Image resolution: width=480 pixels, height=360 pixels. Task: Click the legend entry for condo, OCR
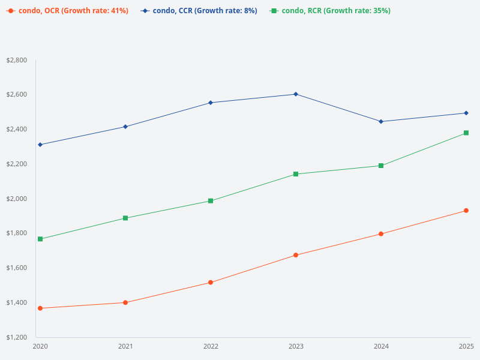(x=68, y=11)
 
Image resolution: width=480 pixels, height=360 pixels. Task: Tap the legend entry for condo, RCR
(x=330, y=11)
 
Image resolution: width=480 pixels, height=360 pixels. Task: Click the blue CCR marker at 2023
(x=296, y=94)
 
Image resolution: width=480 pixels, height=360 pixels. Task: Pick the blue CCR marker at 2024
(x=381, y=122)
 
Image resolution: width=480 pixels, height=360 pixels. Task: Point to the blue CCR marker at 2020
(x=40, y=145)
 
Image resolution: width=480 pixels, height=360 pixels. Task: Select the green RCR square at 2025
(x=466, y=133)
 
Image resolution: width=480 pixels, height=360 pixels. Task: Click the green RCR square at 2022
(x=211, y=201)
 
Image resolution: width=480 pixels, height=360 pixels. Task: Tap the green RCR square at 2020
(x=40, y=239)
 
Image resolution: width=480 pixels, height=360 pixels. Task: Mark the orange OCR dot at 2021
(x=125, y=302)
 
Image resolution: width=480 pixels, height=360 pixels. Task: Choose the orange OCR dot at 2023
(x=296, y=255)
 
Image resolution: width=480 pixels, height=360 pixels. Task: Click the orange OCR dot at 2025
(x=466, y=211)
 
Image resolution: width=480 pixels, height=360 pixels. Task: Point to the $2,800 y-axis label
(x=16, y=60)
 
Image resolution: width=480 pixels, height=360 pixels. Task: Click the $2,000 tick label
(x=16, y=199)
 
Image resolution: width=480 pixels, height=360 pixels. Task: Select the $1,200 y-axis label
(x=16, y=337)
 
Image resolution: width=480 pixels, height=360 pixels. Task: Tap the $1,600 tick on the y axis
(x=16, y=268)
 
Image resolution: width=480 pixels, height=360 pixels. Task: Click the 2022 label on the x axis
(x=211, y=346)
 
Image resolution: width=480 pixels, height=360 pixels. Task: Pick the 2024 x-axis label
(x=381, y=346)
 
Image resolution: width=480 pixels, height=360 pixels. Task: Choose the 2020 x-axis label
(x=40, y=346)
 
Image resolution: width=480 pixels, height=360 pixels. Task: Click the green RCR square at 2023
(x=296, y=174)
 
